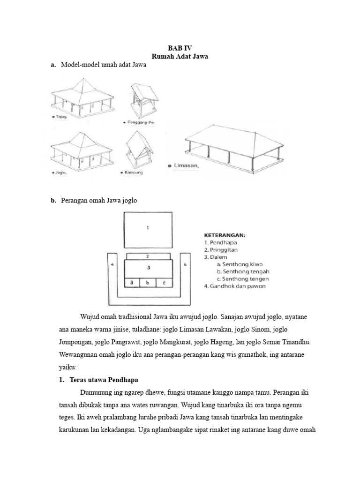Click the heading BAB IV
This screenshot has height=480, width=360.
180,48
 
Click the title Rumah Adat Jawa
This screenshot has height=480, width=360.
180,56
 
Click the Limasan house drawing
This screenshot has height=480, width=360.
233,146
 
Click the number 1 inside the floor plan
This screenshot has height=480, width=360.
148,228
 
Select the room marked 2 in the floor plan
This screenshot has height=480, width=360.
148,256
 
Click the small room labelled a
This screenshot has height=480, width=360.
133,282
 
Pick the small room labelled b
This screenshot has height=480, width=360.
148,282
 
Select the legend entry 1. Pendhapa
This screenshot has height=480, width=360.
221,243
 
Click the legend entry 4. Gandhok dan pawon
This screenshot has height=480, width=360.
235,286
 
